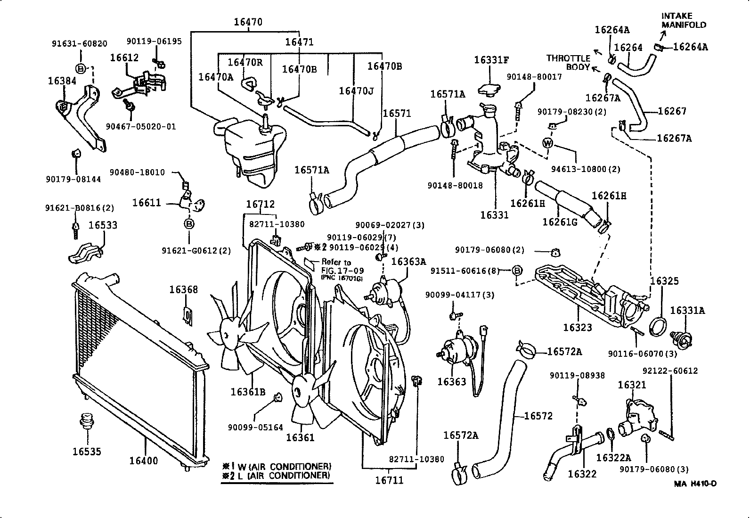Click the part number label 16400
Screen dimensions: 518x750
(144, 460)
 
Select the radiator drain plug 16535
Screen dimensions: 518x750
(86, 421)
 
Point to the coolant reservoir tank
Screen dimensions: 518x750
(252, 146)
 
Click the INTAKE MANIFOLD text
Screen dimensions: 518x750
(684, 20)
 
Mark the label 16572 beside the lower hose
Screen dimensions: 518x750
(538, 416)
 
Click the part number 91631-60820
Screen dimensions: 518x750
(79, 43)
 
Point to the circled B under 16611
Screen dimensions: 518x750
(188, 224)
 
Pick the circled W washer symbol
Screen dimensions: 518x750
(547, 142)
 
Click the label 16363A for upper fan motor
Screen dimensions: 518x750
(408, 262)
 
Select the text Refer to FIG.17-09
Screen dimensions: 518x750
(335, 266)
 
